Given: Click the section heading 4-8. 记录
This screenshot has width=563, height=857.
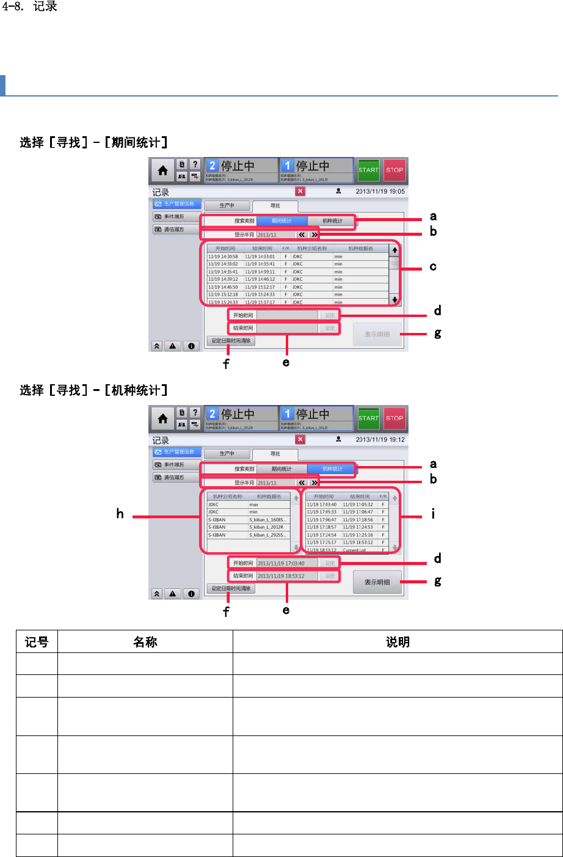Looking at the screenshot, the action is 30,7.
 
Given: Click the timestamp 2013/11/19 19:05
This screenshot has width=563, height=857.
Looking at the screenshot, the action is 380,191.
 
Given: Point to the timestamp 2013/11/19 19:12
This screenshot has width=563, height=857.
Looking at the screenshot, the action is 380,439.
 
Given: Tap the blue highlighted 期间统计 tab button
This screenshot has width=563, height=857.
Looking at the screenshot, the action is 281,221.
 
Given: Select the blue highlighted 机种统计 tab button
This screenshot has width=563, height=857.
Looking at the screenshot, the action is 332,469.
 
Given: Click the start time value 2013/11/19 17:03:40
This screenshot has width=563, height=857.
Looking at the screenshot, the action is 281,563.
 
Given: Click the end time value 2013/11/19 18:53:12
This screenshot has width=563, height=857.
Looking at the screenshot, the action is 281,576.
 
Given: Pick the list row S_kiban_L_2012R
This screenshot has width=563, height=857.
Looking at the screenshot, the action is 266,527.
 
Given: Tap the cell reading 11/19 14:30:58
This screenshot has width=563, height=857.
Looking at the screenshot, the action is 223,257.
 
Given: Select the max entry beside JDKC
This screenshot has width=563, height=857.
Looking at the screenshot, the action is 254,505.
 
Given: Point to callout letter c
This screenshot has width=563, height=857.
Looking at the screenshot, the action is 433,266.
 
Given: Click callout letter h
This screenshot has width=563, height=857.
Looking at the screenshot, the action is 120,514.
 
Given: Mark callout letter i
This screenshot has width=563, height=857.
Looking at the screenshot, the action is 433,514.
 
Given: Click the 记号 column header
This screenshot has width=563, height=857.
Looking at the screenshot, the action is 37,642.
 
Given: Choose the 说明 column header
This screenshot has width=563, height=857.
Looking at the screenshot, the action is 398,642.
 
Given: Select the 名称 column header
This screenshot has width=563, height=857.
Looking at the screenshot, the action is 145,642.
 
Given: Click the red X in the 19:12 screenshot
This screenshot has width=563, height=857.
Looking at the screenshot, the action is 300,439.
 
